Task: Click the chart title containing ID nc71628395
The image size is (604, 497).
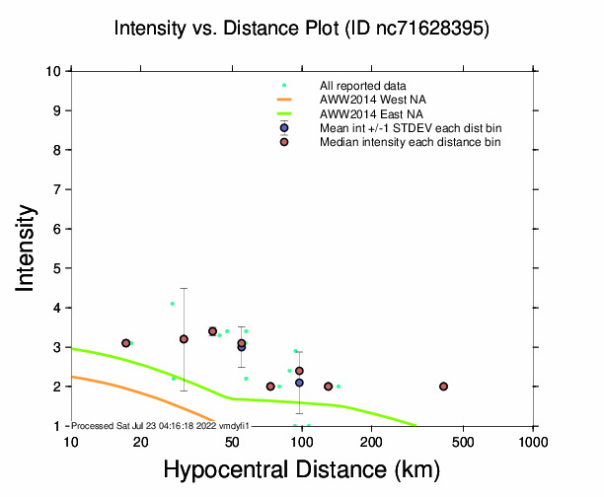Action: click(301, 29)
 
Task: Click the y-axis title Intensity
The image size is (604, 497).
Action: click(28, 248)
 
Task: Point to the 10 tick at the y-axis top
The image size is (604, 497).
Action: click(55, 71)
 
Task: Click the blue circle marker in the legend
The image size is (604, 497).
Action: click(284, 128)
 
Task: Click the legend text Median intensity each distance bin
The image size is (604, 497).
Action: click(410, 142)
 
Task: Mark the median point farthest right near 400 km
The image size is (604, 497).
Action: click(444, 387)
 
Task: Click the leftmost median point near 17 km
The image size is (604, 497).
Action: click(126, 343)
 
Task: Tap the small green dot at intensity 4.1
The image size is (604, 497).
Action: click(173, 304)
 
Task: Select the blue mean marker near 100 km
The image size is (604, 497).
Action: click(299, 383)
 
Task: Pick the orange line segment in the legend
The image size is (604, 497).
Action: click(284, 101)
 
